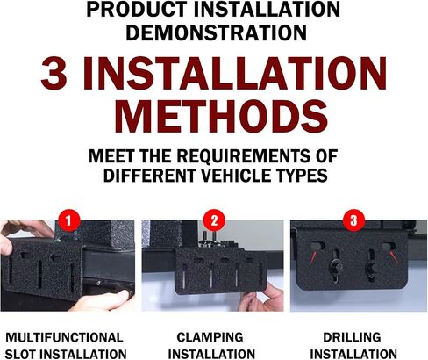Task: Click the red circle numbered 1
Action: (68, 220)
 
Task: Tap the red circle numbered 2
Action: (214, 220)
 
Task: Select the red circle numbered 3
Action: (353, 220)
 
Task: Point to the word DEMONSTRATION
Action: (216, 32)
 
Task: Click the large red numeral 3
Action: (53, 73)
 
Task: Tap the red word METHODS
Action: (221, 117)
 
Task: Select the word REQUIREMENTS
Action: (243, 156)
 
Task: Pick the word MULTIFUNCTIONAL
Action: (64, 337)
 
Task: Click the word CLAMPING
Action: (210, 337)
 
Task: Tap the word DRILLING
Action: (352, 337)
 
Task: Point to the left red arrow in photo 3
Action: (313, 256)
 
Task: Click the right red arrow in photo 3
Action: (394, 257)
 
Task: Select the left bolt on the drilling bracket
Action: (336, 268)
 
